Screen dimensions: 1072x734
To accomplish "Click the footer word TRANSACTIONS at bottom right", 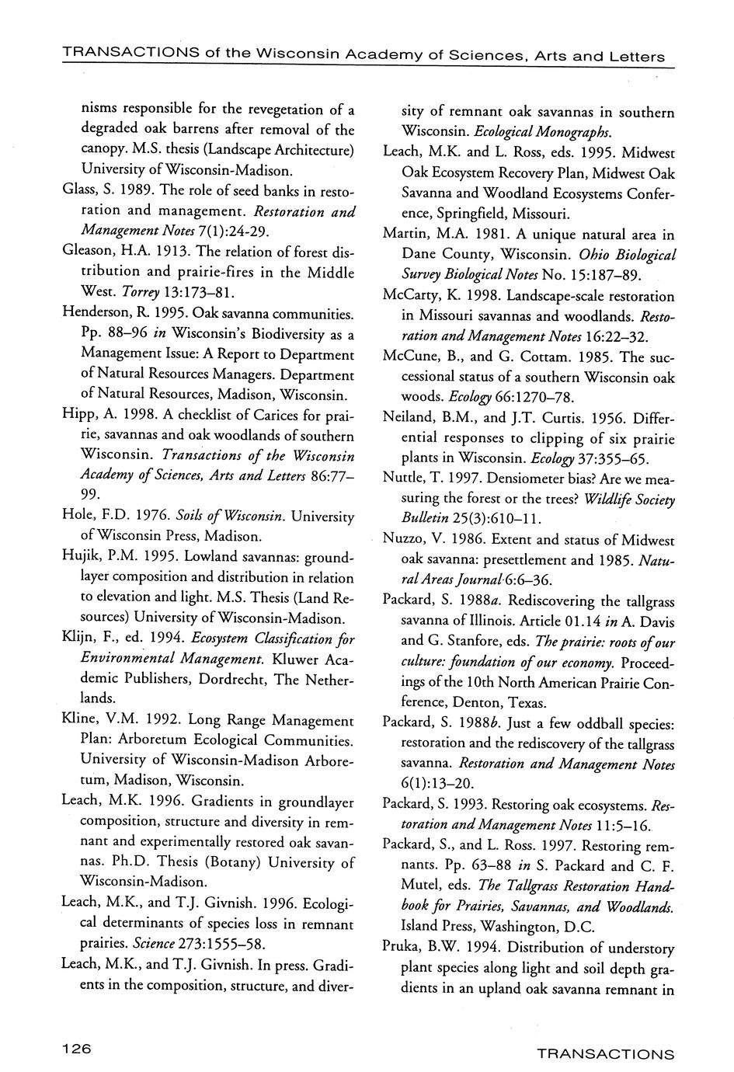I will coord(605,1054).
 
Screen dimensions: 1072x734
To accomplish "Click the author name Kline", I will coord(80,720).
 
